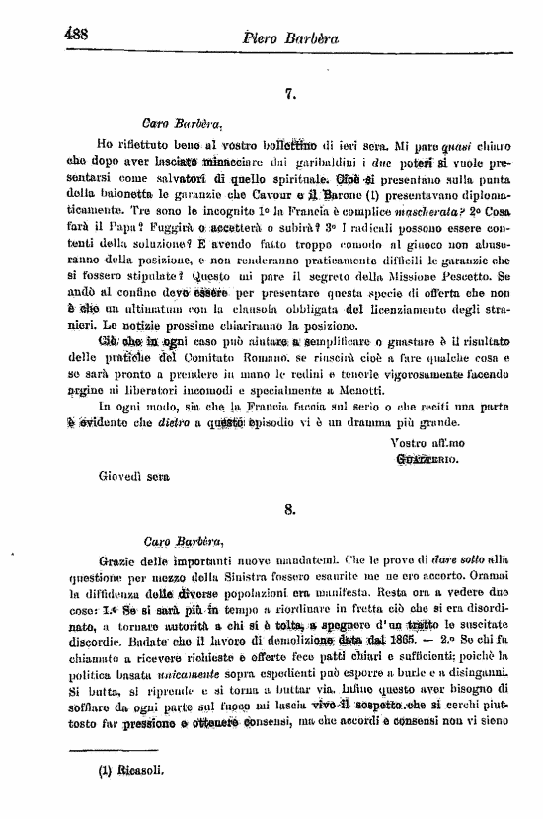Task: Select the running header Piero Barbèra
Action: coord(296,37)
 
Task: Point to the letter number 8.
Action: coord(290,509)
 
